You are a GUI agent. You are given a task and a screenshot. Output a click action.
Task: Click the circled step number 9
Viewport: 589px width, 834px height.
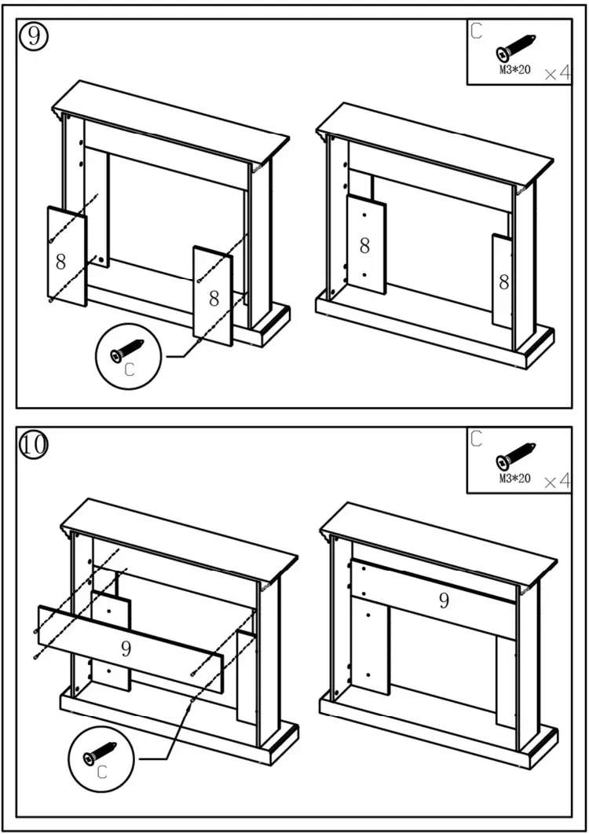33,37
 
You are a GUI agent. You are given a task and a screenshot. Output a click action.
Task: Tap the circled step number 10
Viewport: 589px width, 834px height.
33,446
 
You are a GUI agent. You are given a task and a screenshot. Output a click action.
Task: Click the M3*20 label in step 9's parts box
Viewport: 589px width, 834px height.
515,70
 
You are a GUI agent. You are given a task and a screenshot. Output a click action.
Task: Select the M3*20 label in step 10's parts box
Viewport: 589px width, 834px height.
515,479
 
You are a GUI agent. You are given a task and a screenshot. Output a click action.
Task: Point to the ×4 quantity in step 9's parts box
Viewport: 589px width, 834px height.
557,73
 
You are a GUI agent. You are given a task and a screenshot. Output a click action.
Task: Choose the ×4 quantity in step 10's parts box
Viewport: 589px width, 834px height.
557,481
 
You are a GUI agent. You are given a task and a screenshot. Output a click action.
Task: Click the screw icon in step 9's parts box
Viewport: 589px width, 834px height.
516,48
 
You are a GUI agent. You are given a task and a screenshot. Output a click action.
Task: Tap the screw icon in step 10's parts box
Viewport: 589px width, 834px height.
516,457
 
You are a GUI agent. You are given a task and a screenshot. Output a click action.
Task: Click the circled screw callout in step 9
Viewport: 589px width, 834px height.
129,357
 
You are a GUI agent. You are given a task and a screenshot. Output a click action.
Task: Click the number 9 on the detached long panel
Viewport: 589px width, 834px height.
126,648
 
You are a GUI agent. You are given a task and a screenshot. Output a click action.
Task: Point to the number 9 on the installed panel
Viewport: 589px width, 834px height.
444,601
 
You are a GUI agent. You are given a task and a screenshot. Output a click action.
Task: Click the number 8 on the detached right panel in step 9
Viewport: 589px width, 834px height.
214,298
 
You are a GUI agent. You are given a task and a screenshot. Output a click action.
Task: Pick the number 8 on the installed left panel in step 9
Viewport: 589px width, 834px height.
364,245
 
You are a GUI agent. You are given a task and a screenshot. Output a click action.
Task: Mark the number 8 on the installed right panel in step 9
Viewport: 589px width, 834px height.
504,282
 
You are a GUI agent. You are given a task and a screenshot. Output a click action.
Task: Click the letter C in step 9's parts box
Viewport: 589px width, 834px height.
477,31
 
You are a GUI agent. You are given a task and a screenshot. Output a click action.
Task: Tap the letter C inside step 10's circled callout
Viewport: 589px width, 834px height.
102,773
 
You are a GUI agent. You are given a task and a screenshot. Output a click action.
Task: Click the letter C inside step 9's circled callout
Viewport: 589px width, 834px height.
130,371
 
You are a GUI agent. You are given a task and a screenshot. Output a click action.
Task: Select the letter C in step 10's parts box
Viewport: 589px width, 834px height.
477,439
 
